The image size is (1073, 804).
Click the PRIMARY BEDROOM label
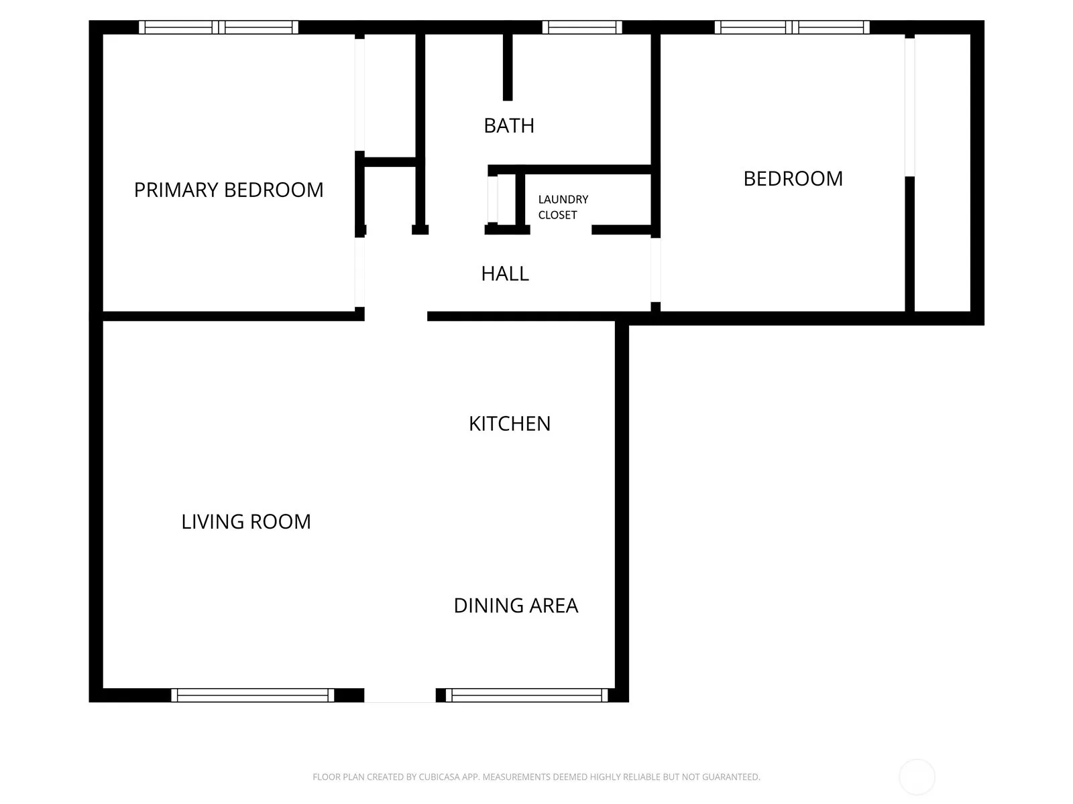point(228,190)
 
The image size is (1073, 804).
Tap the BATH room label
point(508,126)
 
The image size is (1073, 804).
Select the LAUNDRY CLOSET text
point(563,207)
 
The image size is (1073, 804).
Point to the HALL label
point(504,274)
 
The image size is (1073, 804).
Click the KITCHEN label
point(510,423)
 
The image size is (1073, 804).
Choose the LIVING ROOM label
point(246,522)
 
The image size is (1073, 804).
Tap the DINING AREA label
point(516,606)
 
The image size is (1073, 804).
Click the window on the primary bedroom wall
point(219,27)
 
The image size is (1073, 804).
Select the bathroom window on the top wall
point(581,27)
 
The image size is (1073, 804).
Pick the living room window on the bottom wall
point(252,695)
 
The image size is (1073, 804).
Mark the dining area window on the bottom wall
point(526,695)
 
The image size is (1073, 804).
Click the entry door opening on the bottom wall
point(400,695)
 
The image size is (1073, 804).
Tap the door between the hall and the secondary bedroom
point(655,270)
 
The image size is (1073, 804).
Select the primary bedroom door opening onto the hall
point(359,272)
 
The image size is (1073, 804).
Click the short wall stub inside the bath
point(508,68)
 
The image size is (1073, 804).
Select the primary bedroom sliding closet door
point(359,94)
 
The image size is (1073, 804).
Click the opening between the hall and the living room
point(396,316)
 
